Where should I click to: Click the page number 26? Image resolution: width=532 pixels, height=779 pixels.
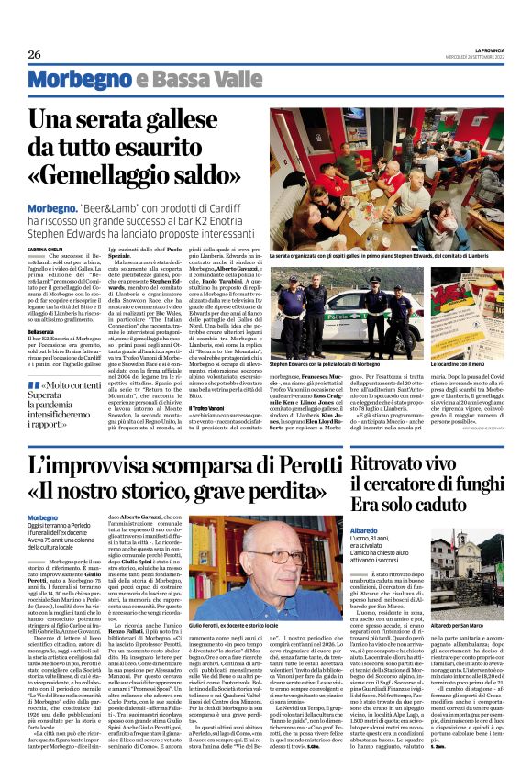tap(35, 54)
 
